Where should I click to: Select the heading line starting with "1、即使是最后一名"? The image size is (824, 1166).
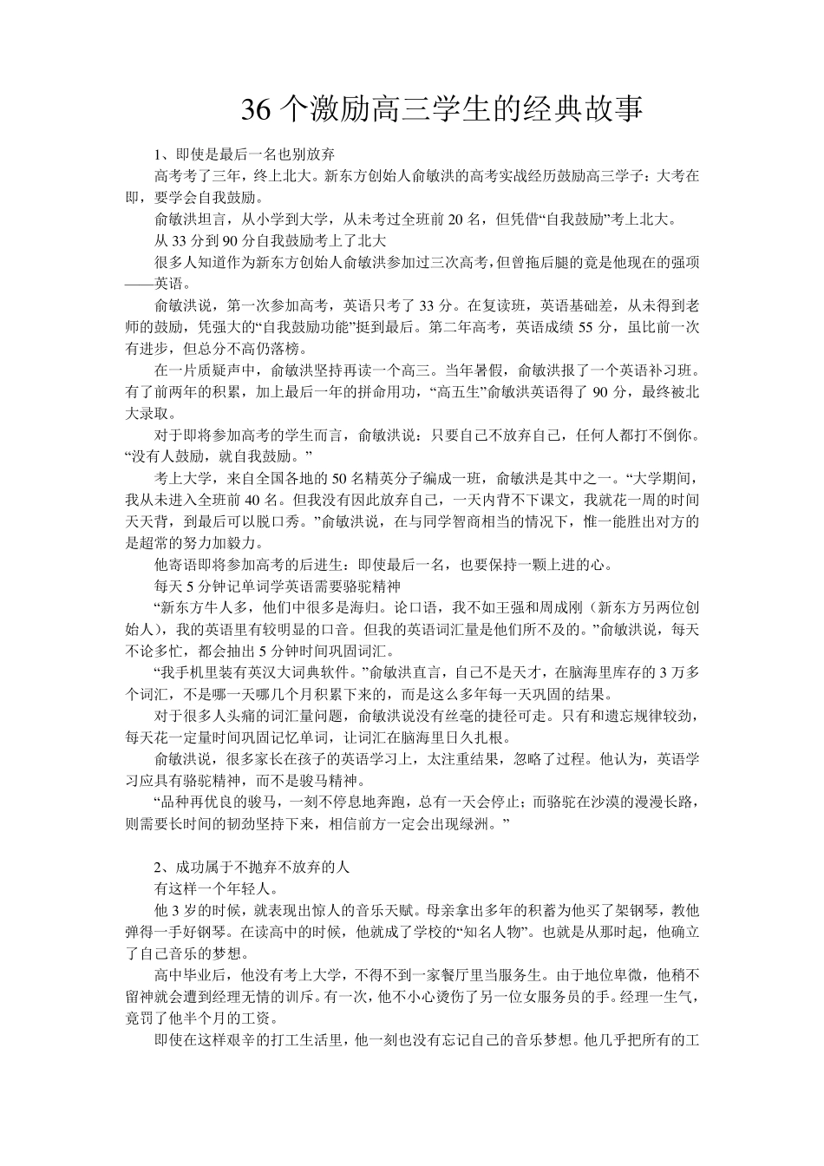click(245, 155)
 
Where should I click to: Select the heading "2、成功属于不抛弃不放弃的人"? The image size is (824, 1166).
click(252, 868)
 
